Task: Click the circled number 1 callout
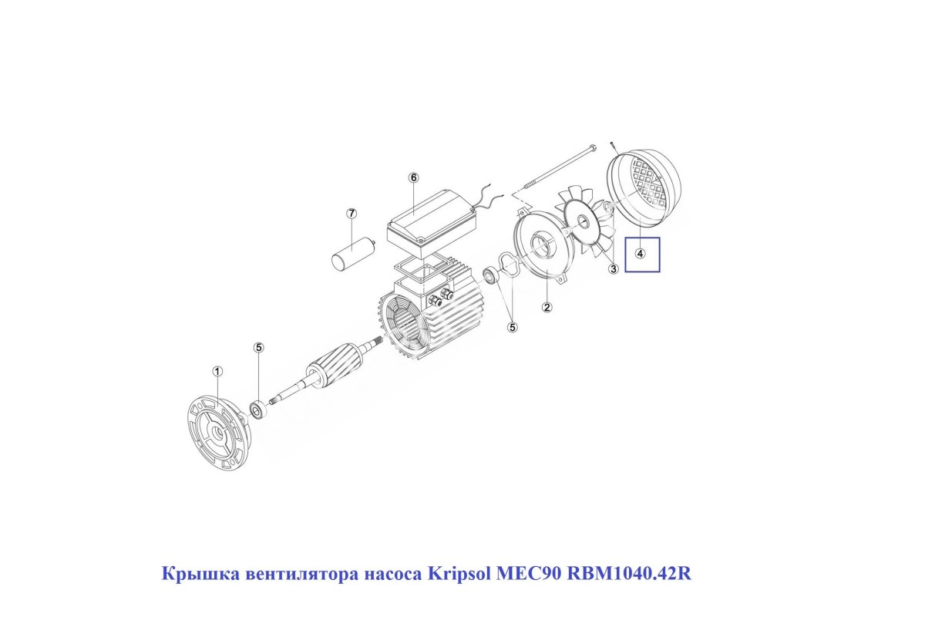point(217,372)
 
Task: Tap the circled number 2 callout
point(547,307)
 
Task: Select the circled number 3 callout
point(614,268)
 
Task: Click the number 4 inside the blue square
point(640,253)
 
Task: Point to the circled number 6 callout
point(413,177)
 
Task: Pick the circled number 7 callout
point(351,214)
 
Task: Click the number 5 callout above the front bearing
point(258,348)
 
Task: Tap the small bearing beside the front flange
point(259,410)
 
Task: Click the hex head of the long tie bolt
point(594,147)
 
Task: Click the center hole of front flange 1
point(217,434)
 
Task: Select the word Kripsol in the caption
point(459,574)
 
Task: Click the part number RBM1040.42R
point(629,574)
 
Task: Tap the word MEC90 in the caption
point(529,574)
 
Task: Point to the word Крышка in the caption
point(200,575)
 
